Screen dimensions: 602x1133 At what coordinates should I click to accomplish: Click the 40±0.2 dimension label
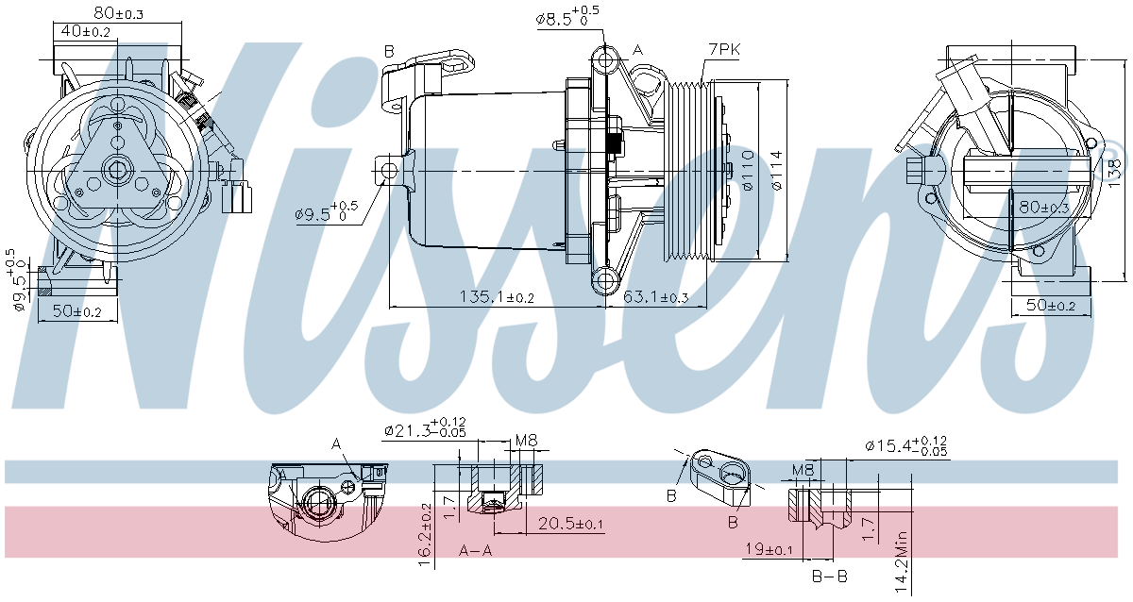(85, 32)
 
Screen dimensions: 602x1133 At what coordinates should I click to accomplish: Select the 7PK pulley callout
(724, 49)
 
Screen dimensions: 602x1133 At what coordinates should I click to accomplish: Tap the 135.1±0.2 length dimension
(496, 297)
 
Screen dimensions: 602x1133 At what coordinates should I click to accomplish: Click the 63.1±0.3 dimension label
(656, 297)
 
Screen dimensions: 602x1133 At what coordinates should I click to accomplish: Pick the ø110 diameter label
(748, 171)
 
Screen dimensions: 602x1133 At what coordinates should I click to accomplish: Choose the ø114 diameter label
(775, 171)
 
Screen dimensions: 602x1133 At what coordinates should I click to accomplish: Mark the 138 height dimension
(1115, 170)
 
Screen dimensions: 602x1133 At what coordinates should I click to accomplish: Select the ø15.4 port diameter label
(905, 445)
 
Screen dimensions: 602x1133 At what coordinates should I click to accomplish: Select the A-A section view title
(476, 550)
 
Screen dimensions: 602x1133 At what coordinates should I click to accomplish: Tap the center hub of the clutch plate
(117, 171)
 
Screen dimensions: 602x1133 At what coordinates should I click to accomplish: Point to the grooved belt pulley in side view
(689, 171)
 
